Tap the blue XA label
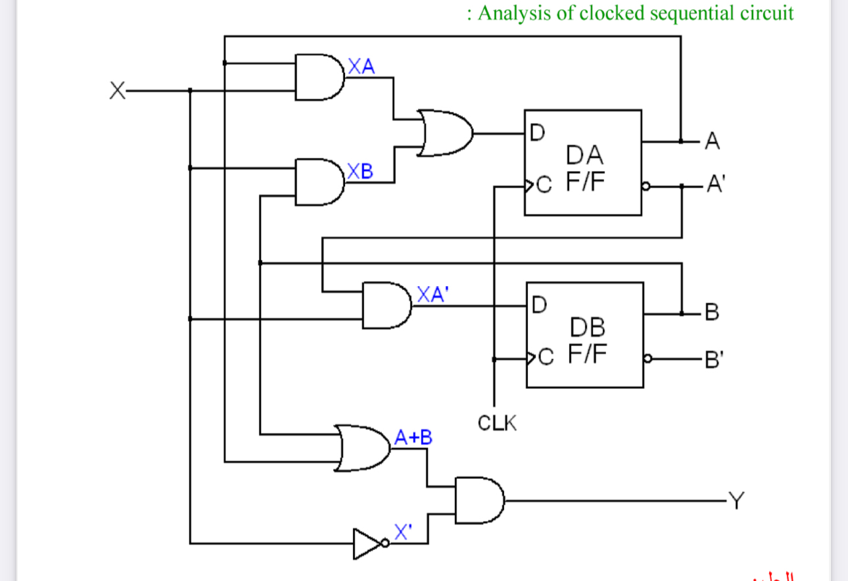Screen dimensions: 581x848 361,66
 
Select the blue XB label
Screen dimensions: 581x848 360,172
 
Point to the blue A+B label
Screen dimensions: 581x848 413,437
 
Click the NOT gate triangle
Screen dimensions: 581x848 365,543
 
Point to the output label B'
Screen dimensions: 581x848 714,361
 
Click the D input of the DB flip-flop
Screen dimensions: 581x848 538,305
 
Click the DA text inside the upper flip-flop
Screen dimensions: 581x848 584,155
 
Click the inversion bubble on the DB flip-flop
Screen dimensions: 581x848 648,359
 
